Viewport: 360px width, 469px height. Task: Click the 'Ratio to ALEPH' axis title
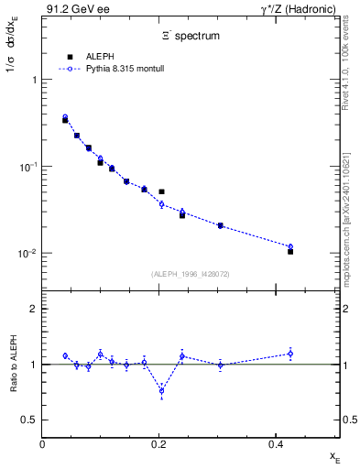click(x=13, y=365)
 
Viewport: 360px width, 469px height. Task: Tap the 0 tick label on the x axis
click(x=43, y=444)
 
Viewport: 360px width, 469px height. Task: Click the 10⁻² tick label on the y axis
click(x=27, y=253)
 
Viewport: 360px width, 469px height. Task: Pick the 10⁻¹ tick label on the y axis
click(x=27, y=167)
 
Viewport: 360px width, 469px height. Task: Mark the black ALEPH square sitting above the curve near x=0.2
click(x=161, y=192)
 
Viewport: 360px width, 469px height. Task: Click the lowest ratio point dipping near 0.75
click(x=161, y=391)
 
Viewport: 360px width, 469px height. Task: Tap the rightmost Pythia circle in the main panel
click(x=290, y=246)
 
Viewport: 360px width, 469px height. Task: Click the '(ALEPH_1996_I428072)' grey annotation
click(x=191, y=274)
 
